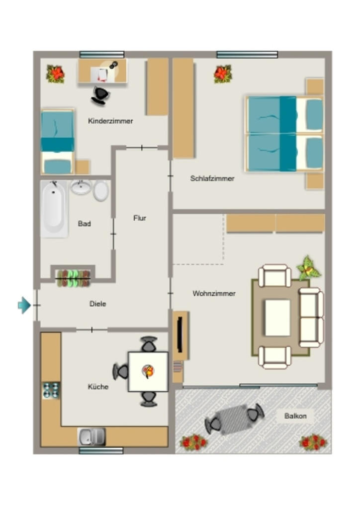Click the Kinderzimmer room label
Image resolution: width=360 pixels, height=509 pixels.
tap(110, 121)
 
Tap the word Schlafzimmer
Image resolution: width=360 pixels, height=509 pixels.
tap(212, 178)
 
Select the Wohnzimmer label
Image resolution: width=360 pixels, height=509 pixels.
tap(214, 293)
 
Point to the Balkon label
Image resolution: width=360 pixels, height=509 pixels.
tap(295, 416)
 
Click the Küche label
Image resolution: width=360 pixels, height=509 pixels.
tap(98, 387)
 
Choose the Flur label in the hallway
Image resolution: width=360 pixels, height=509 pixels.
tap(140, 218)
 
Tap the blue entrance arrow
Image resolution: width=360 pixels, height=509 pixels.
tap(24, 305)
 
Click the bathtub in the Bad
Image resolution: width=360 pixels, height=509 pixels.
tap(54, 209)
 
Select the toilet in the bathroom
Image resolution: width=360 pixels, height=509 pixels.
tap(101, 190)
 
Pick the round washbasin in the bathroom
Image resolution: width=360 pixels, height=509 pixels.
tap(81, 187)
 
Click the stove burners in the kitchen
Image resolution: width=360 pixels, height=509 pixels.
tap(51, 390)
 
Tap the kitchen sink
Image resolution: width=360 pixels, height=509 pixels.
tap(92, 437)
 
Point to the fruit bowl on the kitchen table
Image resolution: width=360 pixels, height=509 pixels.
tap(148, 371)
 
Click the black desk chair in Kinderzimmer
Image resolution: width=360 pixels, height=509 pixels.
tap(100, 95)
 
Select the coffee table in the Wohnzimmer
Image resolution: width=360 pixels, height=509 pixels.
tap(278, 318)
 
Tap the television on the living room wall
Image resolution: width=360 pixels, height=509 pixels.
tap(180, 334)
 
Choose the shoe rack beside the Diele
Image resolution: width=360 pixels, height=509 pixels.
tap(73, 278)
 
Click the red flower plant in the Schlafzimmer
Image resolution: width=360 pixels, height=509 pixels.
tap(223, 74)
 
